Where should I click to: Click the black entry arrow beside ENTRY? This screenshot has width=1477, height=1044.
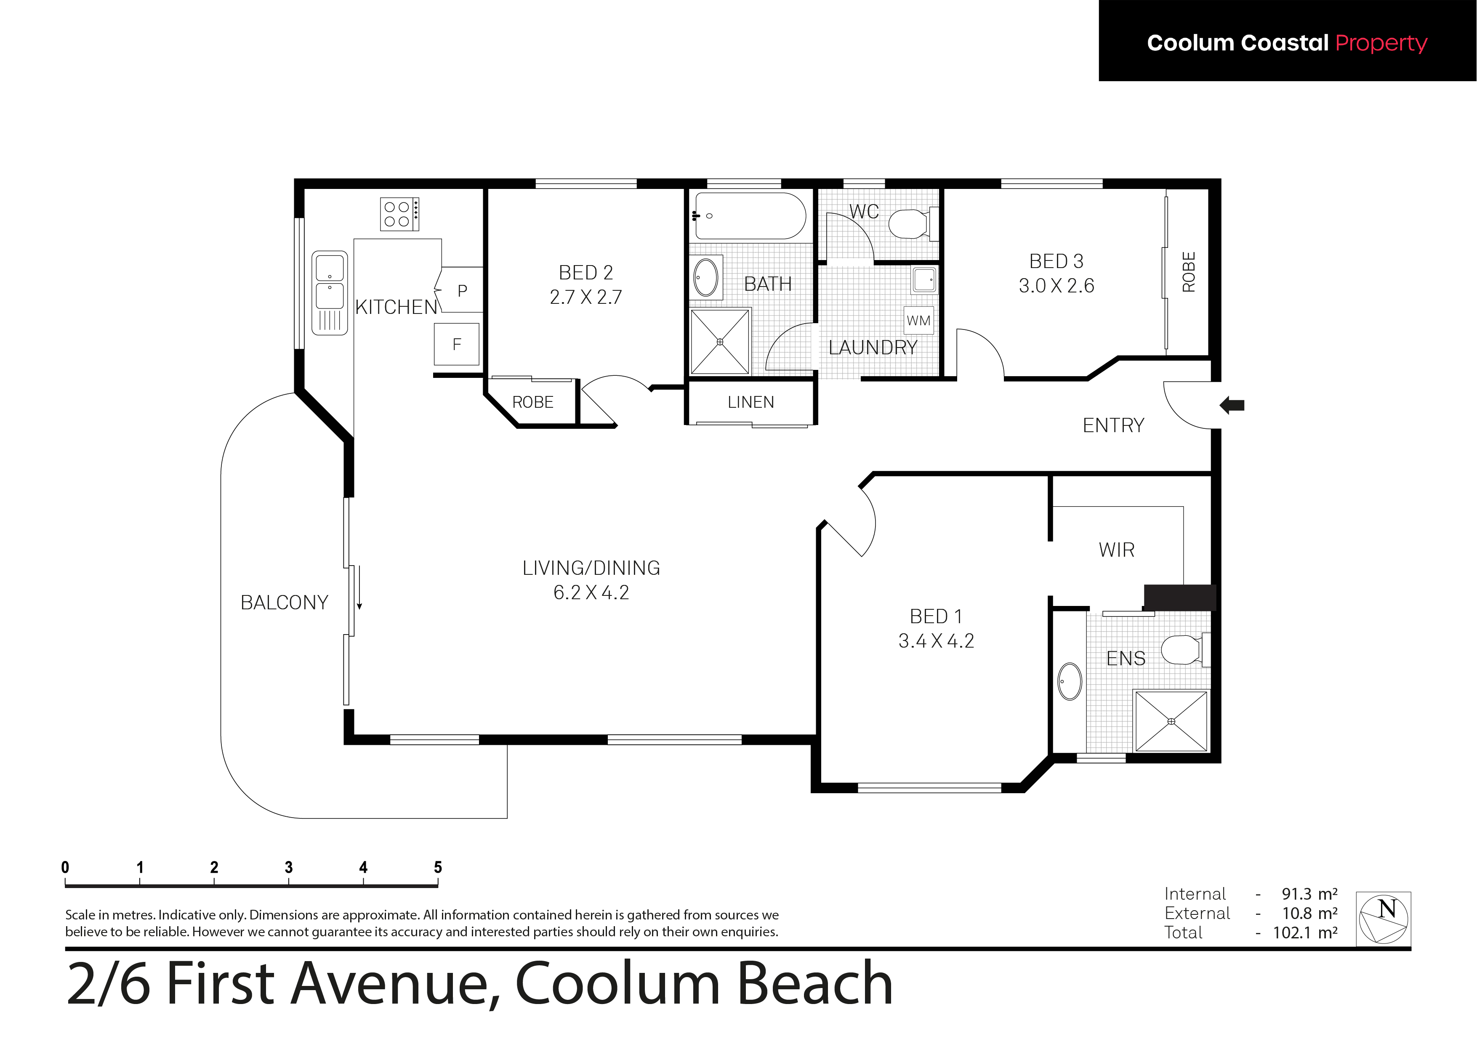pyautogui.click(x=1232, y=405)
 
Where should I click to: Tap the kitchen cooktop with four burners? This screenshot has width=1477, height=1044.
pyautogui.click(x=399, y=214)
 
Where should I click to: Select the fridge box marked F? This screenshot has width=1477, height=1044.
pyautogui.click(x=457, y=344)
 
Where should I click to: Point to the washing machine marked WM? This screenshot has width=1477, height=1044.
pyautogui.click(x=918, y=320)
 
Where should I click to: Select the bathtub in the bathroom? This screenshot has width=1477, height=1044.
pyautogui.click(x=748, y=216)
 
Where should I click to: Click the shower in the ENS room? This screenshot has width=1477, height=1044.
pyautogui.click(x=1171, y=721)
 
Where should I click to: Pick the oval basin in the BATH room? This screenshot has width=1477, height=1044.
pyautogui.click(x=706, y=277)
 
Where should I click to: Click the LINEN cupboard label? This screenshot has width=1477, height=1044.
pyautogui.click(x=751, y=402)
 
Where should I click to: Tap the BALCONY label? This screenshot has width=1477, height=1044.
pyautogui.click(x=285, y=602)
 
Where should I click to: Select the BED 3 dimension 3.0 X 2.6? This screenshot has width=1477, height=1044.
pyautogui.click(x=1056, y=285)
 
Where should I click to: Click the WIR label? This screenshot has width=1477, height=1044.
pyautogui.click(x=1117, y=550)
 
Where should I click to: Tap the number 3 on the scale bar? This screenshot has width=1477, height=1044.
pyautogui.click(x=289, y=867)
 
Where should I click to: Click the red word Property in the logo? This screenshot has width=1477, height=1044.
pyautogui.click(x=1381, y=43)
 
